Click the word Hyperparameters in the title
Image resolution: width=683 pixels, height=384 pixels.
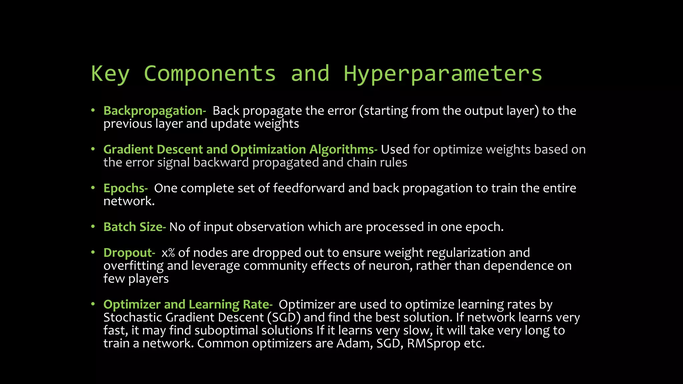tap(443, 74)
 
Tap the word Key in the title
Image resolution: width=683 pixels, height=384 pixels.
tap(110, 74)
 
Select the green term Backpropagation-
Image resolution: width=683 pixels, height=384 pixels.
tap(154, 111)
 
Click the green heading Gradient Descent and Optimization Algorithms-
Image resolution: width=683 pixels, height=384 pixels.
tap(240, 149)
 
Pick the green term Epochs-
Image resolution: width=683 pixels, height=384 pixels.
tap(125, 188)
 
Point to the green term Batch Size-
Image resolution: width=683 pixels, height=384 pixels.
tap(134, 227)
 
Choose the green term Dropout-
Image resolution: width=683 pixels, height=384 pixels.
tap(129, 253)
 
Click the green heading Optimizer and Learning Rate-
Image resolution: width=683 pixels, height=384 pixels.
tap(188, 304)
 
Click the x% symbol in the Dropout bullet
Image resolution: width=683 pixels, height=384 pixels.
tap(168, 253)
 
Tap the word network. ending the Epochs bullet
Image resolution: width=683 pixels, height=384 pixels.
tap(129, 201)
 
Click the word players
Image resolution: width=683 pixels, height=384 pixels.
tap(148, 279)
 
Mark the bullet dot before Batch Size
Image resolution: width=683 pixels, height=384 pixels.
tap(93, 227)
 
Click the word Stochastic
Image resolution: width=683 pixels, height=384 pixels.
tap(133, 317)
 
